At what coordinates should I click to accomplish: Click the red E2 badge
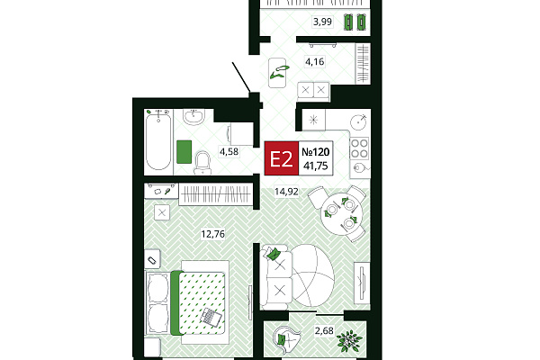(x=282, y=158)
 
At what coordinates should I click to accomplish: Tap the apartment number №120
(x=316, y=152)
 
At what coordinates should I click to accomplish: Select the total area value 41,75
(x=316, y=166)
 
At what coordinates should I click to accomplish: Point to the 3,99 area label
(x=322, y=22)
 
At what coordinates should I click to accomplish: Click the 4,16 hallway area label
(x=315, y=62)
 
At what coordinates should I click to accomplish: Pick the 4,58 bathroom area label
(x=229, y=151)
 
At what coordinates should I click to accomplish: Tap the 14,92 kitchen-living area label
(x=286, y=191)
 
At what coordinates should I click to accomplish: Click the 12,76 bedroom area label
(x=212, y=234)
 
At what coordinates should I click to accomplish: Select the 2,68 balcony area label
(x=324, y=330)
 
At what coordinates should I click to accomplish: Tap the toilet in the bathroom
(x=202, y=163)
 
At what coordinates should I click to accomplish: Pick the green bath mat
(x=184, y=151)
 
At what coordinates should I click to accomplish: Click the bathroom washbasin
(x=193, y=117)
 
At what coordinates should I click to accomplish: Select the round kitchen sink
(x=359, y=121)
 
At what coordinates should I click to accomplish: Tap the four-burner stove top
(x=359, y=148)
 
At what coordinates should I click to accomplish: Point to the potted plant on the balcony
(x=349, y=341)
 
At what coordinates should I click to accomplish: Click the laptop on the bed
(x=211, y=316)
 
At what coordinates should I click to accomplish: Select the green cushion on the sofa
(x=273, y=254)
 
